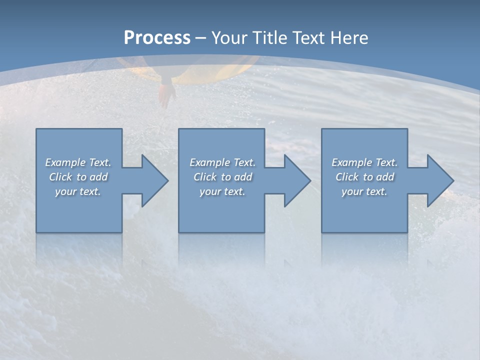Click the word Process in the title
coord(157,38)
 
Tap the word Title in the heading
coord(269,38)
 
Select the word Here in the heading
coord(349,38)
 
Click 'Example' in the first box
coord(65,162)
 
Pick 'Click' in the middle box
coord(205,177)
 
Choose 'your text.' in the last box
coord(364,191)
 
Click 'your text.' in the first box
coord(78,191)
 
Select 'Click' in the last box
coord(347,177)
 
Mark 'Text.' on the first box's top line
coord(100,162)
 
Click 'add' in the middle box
coord(243,177)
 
